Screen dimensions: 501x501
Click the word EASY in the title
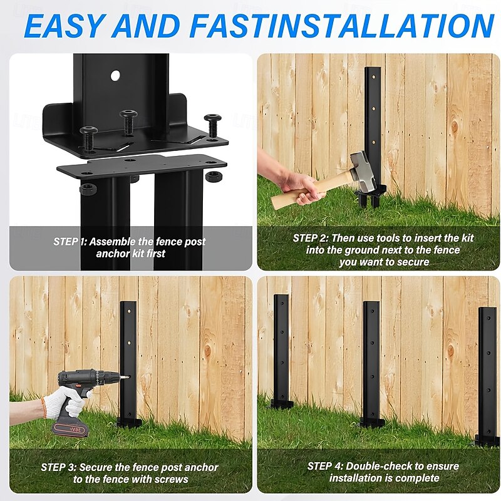pyautogui.click(x=65, y=26)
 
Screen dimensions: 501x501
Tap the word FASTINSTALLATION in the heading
pyautogui.click(x=343, y=26)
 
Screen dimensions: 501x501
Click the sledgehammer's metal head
pyautogui.click(x=361, y=169)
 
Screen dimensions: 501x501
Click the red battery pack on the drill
pyautogui.click(x=70, y=430)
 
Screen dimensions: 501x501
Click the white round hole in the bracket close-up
pyautogui.click(x=115, y=76)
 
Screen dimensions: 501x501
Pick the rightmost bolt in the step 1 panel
pyautogui.click(x=212, y=125)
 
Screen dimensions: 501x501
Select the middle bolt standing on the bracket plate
pyautogui.click(x=128, y=121)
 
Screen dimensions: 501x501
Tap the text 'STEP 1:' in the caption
pyautogui.click(x=70, y=242)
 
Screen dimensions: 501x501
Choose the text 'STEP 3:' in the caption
pyautogui.click(x=58, y=467)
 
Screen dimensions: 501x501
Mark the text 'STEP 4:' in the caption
pyautogui.click(x=325, y=466)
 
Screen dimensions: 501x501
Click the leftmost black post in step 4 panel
pyautogui.click(x=281, y=351)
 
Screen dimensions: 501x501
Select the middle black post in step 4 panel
pyautogui.click(x=371, y=364)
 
